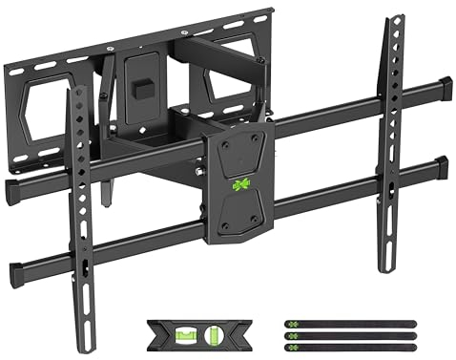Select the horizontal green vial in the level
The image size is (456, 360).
178,333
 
